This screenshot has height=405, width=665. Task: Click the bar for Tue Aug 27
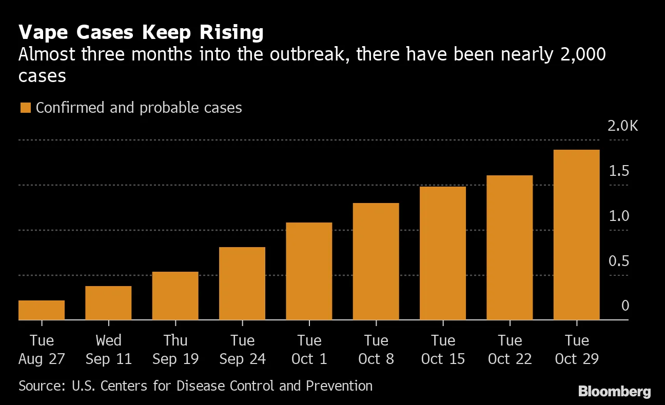pyautogui.click(x=42, y=310)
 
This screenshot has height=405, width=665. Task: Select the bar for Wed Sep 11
pyautogui.click(x=108, y=303)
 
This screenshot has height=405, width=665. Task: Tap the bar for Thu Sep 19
pyautogui.click(x=175, y=296)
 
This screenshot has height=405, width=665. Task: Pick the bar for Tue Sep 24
pyautogui.click(x=242, y=283)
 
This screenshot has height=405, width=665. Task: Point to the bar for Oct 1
pyautogui.click(x=309, y=271)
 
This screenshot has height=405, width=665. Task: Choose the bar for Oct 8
pyautogui.click(x=376, y=261)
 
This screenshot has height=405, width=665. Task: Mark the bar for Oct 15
pyautogui.click(x=443, y=253)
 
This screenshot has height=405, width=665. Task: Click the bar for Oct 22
pyautogui.click(x=510, y=248)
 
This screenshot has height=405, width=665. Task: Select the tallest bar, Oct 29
pyautogui.click(x=577, y=235)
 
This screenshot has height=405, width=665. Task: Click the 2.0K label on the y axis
pyautogui.click(x=622, y=126)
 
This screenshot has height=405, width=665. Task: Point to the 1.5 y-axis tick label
pyautogui.click(x=618, y=171)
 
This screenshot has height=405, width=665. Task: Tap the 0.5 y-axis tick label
pyautogui.click(x=618, y=261)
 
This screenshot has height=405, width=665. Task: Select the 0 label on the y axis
pyautogui.click(x=625, y=306)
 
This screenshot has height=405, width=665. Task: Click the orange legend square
pyautogui.click(x=25, y=108)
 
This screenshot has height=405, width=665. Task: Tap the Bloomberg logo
pyautogui.click(x=614, y=392)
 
